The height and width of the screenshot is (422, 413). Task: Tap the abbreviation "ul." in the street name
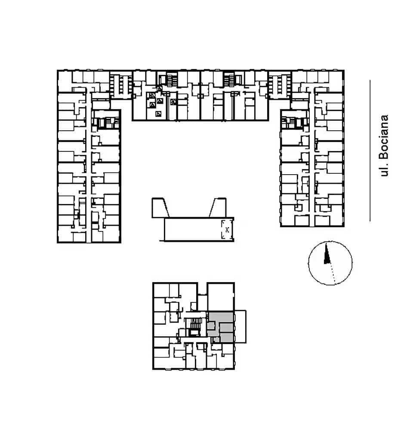tap(384, 169)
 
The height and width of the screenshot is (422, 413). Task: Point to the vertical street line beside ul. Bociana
tap(370, 151)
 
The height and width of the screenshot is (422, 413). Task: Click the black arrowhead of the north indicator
tap(327, 253)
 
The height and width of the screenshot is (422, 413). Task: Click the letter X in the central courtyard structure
tap(227, 230)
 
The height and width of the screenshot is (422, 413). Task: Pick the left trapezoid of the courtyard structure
tap(160, 208)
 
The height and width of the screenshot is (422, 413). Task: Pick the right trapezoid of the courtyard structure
tap(218, 207)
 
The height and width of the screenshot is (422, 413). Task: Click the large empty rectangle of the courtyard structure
tap(193, 229)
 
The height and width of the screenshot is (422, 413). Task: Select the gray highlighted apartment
tap(221, 327)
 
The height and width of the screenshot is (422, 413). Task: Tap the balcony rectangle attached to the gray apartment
tap(240, 327)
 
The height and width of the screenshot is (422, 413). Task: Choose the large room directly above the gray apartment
tap(221, 297)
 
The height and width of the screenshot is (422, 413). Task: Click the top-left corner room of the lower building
tap(161, 290)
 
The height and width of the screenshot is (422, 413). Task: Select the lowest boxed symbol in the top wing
tap(159, 114)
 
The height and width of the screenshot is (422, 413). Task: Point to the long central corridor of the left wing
tap(89, 167)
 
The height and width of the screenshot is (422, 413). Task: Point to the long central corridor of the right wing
tap(312, 159)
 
